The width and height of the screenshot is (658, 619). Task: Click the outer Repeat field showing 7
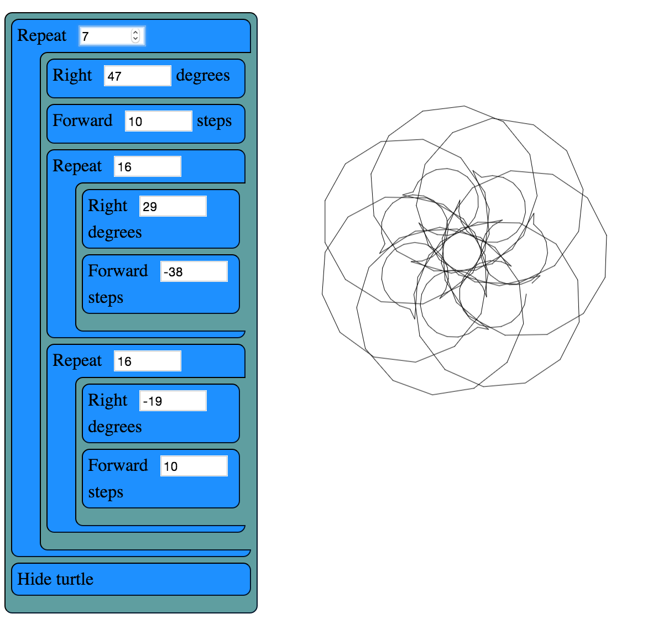(x=105, y=36)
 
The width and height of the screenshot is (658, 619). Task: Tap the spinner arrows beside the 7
(x=135, y=36)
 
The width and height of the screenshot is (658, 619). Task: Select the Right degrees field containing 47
(x=137, y=76)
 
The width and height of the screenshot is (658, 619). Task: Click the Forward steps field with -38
(x=194, y=271)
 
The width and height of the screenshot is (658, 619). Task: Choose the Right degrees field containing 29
(x=173, y=206)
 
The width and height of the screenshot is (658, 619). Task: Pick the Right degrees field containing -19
(x=173, y=401)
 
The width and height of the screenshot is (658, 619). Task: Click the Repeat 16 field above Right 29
(x=147, y=166)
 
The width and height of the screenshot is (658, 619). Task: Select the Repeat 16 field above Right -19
(x=147, y=361)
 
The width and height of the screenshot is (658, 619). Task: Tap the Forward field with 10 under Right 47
(x=158, y=121)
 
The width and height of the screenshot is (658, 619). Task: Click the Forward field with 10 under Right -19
(x=194, y=466)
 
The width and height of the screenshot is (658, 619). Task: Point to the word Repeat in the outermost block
(x=42, y=36)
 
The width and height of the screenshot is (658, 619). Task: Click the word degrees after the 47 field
(x=202, y=76)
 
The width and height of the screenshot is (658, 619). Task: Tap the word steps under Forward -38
(x=106, y=298)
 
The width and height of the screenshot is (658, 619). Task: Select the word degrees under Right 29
(x=115, y=233)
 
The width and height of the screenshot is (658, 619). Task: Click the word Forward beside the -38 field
(x=118, y=271)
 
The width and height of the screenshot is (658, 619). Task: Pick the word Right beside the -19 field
(x=108, y=400)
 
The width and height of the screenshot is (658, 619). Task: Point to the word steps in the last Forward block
(x=106, y=492)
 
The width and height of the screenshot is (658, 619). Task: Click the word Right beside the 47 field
(x=72, y=75)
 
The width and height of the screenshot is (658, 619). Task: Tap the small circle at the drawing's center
(x=462, y=252)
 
